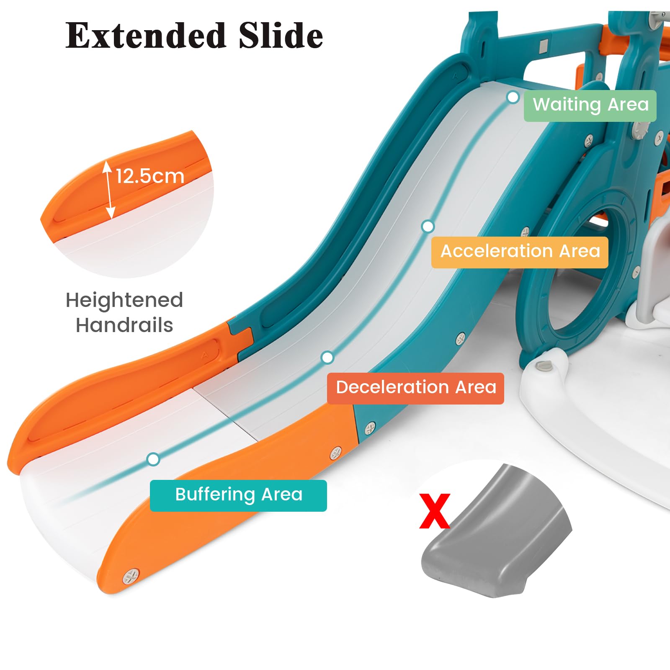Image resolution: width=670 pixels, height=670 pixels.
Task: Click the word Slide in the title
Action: (x=281, y=35)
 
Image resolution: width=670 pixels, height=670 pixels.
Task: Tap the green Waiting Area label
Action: (x=590, y=106)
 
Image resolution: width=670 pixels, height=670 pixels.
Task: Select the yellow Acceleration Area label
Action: (x=520, y=252)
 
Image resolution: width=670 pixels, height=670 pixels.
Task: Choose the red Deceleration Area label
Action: (x=415, y=388)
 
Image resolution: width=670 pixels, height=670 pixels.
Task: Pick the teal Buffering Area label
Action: (x=238, y=495)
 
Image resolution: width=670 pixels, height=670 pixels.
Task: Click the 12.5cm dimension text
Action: (x=150, y=176)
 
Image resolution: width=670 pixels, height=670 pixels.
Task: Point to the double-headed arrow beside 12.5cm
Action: (x=108, y=190)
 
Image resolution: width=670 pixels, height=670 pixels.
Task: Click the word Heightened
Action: (x=124, y=300)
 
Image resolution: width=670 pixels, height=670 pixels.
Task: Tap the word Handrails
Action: (x=124, y=325)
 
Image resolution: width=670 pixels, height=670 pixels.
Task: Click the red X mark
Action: (x=435, y=510)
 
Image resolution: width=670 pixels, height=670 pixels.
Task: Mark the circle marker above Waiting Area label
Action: (x=513, y=97)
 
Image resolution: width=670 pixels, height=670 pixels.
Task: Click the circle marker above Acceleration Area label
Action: (x=428, y=227)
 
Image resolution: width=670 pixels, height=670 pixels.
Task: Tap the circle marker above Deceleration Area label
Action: (x=327, y=358)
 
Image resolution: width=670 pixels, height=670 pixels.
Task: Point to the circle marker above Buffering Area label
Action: (x=154, y=459)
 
